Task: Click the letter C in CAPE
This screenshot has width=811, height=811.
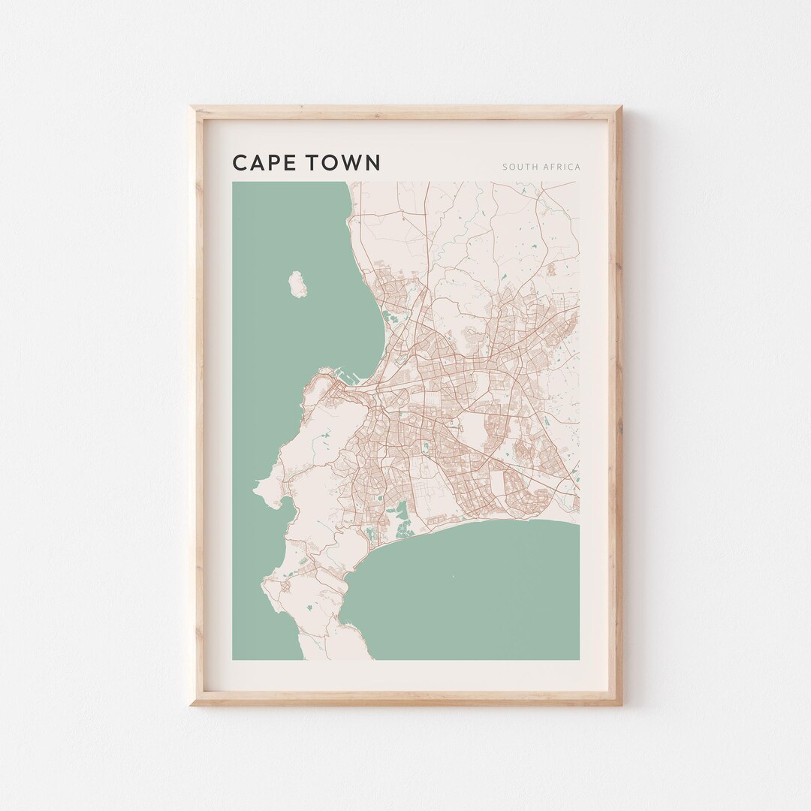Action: pyautogui.click(x=240, y=163)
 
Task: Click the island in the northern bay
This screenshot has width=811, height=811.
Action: pyautogui.click(x=297, y=284)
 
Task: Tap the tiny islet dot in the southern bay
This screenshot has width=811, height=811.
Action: pyautogui.click(x=453, y=577)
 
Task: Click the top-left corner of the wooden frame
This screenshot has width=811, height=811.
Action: pyautogui.click(x=191, y=107)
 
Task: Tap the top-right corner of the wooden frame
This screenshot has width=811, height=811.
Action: pyautogui.click(x=621, y=107)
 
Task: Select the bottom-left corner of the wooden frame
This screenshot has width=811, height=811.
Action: pyautogui.click(x=191, y=704)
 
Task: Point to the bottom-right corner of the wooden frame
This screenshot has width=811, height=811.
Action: pyautogui.click(x=621, y=704)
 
